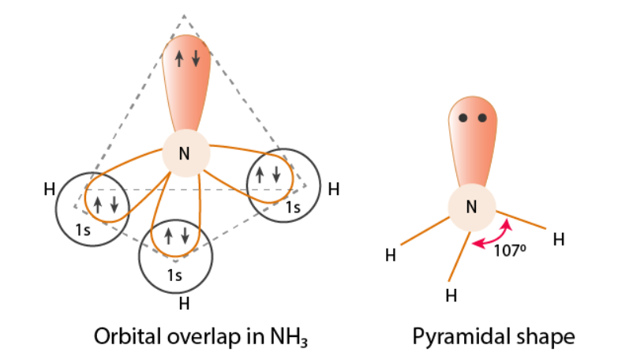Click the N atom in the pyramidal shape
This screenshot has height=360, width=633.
pos(471,208)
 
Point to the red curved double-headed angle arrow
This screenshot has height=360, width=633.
pos(491,238)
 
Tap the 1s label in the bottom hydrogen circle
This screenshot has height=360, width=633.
pos(174,275)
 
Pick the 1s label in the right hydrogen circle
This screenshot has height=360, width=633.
pos(293,208)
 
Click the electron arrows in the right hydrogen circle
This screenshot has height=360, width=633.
pos(267,174)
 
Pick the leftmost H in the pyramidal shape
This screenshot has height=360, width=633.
pos(390,255)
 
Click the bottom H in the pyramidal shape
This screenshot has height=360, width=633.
pos(451,296)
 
